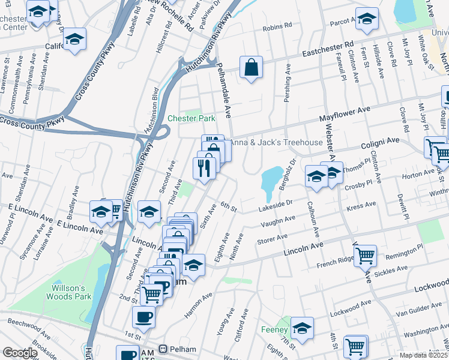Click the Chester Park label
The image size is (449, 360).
tap(191, 118)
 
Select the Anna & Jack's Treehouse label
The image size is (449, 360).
tap(277, 142)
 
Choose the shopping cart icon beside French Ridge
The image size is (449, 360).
tap(365, 255)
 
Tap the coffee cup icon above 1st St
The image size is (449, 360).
tap(143, 316)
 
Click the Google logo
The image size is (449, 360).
tap(20, 353)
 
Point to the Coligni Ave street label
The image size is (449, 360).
tap(380, 141)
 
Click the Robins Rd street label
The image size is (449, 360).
tap(277, 26)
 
